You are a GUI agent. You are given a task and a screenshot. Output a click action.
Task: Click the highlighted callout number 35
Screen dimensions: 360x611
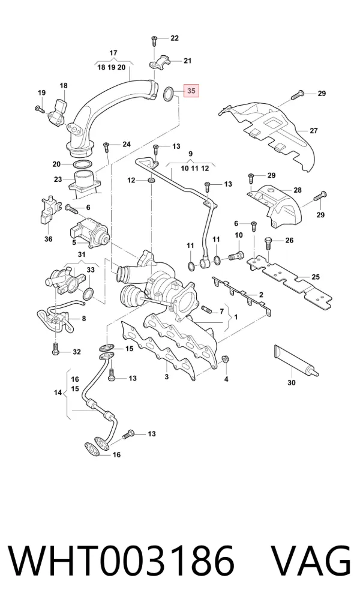click(191, 91)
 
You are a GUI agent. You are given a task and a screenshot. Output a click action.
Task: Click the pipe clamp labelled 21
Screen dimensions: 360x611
click(161, 63)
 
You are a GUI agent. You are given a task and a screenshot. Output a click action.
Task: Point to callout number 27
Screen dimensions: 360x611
click(314, 131)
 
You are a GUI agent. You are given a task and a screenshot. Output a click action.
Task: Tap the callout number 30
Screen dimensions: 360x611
click(292, 383)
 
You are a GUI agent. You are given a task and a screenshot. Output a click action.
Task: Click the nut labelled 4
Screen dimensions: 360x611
click(225, 359)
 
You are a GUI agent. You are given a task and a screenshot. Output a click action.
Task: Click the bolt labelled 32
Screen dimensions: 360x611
click(55, 349)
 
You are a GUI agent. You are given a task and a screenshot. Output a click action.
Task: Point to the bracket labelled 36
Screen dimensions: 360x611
click(49, 212)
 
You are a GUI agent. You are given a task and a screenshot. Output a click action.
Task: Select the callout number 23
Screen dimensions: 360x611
click(58, 179)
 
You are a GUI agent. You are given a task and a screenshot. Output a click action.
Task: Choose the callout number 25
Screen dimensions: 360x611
click(316, 277)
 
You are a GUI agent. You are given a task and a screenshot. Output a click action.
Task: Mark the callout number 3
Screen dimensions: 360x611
click(167, 377)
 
